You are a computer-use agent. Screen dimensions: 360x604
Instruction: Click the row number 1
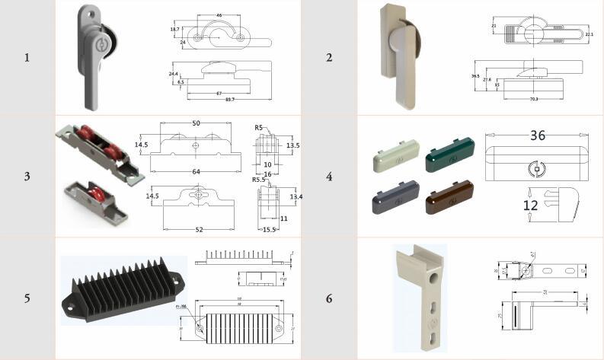27,57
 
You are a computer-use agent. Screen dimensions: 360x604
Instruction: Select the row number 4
328,177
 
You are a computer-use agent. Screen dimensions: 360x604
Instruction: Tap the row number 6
328,298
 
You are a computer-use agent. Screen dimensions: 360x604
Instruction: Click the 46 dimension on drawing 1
219,15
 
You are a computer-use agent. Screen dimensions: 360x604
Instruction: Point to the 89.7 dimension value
228,100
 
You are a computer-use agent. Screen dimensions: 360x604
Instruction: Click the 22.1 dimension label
589,33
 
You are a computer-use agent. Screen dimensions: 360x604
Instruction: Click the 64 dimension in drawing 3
196,172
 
